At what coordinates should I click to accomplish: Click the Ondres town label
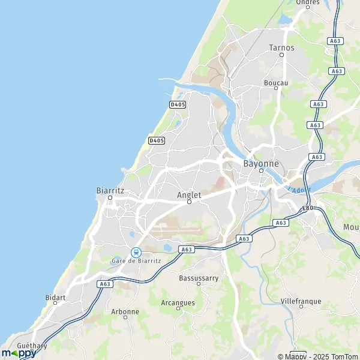[x=307, y=2]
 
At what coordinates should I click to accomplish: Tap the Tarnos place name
[x=281, y=47]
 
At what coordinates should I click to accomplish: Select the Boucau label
[x=276, y=82]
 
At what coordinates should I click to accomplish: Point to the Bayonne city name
[x=261, y=163]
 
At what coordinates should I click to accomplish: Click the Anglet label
[x=189, y=195]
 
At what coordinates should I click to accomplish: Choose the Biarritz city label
[x=110, y=190]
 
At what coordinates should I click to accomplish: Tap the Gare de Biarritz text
[x=136, y=260]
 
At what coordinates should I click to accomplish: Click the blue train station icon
[x=136, y=252]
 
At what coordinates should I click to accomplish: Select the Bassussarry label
[x=199, y=278]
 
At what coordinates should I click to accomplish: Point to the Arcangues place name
[x=178, y=303]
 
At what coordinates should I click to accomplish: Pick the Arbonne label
[x=125, y=311]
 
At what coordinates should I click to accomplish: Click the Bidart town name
[x=55, y=297]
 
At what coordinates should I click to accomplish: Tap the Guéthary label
[x=32, y=346]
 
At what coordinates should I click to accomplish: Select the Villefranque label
[x=301, y=301]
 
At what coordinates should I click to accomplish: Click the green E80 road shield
[x=308, y=208]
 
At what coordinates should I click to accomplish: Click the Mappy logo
[x=19, y=353]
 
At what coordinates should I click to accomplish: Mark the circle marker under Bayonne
[x=261, y=170]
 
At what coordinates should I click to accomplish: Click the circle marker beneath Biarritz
[x=110, y=197]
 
